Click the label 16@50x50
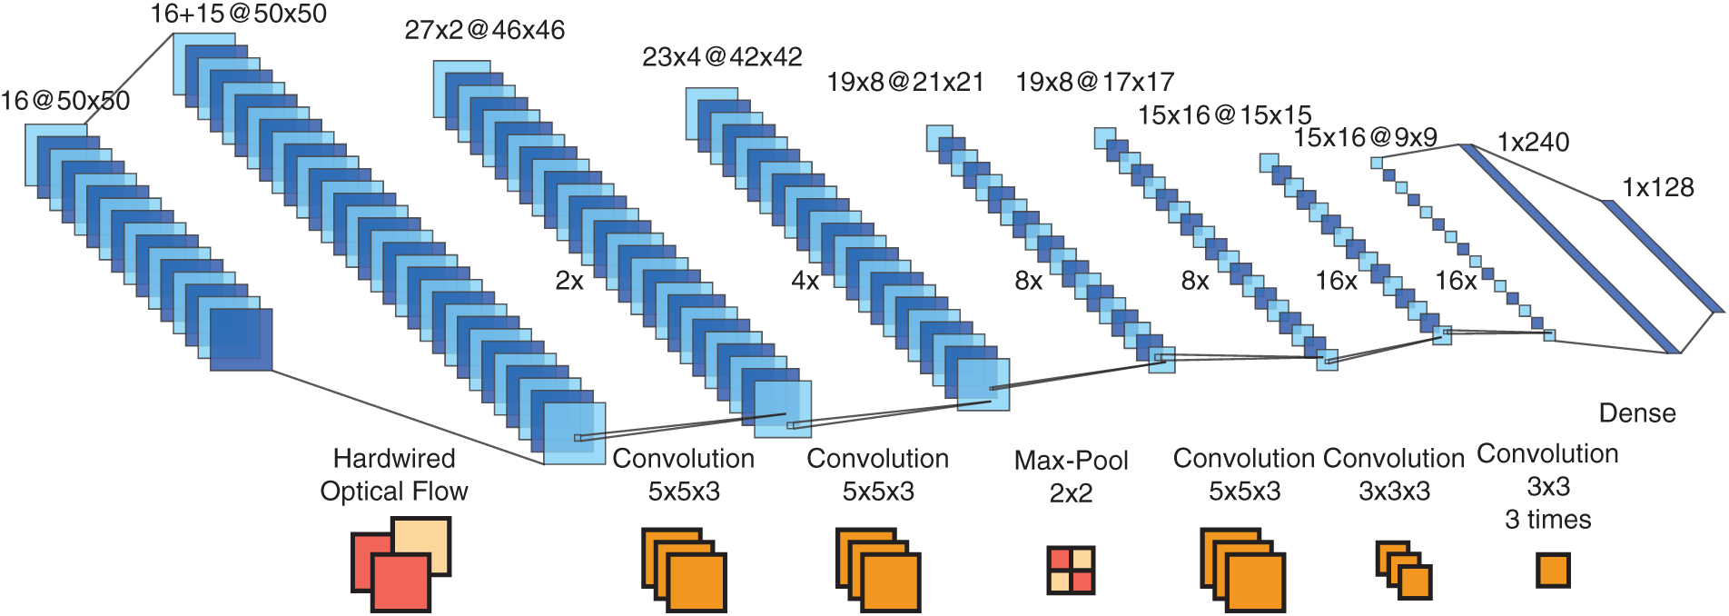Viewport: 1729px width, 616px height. point(65,101)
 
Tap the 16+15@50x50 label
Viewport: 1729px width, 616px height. point(238,14)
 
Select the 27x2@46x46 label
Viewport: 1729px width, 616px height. point(484,31)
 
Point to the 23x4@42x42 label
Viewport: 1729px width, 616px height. point(722,57)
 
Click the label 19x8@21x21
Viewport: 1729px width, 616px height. point(904,83)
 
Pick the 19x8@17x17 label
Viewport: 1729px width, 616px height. point(1094,83)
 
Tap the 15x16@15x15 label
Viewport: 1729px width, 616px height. point(1224,115)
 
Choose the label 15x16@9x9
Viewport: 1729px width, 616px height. point(1365,138)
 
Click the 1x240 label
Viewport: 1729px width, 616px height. point(1533,143)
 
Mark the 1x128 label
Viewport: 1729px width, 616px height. point(1657,188)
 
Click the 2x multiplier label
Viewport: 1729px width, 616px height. point(569,281)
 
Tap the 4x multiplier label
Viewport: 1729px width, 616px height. point(805,281)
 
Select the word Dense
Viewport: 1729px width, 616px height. point(1636,413)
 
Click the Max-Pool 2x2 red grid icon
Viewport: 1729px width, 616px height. point(1071,570)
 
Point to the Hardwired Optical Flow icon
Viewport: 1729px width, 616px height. point(400,564)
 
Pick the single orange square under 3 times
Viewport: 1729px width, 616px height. point(1553,571)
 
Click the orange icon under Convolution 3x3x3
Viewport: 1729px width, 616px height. point(1404,571)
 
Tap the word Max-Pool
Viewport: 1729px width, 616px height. point(1071,461)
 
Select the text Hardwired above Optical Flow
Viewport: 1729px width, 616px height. point(394,458)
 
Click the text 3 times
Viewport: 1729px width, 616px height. point(1547,520)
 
